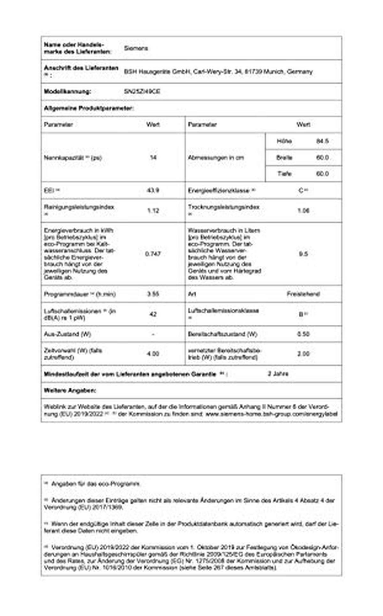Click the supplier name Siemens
point(136,48)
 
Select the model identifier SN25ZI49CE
point(142,91)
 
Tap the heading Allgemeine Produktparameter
point(89,108)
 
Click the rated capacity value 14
point(153,157)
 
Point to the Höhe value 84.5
point(322,141)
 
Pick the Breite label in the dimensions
point(284,157)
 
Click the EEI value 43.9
point(153,190)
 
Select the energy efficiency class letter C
point(301,191)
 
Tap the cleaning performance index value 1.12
point(153,211)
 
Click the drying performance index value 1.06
point(303,211)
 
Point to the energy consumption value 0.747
point(153,254)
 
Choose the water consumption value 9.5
point(303,254)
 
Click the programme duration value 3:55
point(153,294)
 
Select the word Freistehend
point(303,294)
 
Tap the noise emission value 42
point(153,314)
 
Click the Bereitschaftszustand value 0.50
point(303,334)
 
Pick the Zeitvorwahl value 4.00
point(153,354)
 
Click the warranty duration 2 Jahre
point(278,374)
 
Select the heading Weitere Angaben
point(70,390)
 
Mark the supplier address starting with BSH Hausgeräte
point(218,72)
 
